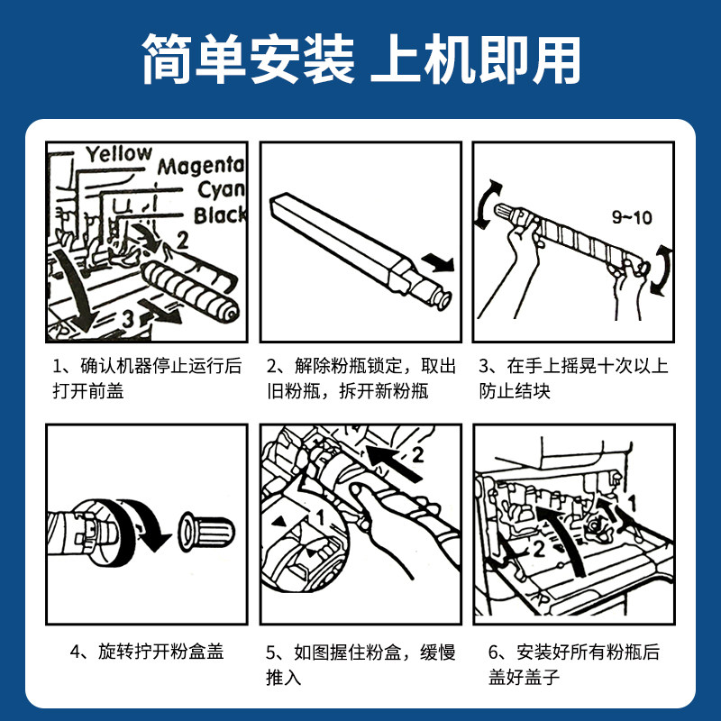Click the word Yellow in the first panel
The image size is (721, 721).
tap(119, 154)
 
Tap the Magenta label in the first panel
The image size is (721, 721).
tap(200, 167)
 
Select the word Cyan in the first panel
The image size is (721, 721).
tap(221, 190)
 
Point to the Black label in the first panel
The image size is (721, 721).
tap(219, 215)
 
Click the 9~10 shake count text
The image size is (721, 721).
tap(632, 217)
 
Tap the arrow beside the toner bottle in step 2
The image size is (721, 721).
tap(438, 262)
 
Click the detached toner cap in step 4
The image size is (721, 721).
tap(206, 531)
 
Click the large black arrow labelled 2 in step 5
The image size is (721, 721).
tap(395, 462)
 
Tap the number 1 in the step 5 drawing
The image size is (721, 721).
tap(321, 517)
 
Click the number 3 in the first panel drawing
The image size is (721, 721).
tap(128, 319)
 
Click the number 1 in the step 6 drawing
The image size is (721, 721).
tap(633, 503)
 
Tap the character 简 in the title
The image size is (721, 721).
tap(167, 59)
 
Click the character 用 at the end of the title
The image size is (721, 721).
tap(556, 59)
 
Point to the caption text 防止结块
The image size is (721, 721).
tap(515, 391)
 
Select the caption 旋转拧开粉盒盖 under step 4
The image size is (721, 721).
tap(161, 652)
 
